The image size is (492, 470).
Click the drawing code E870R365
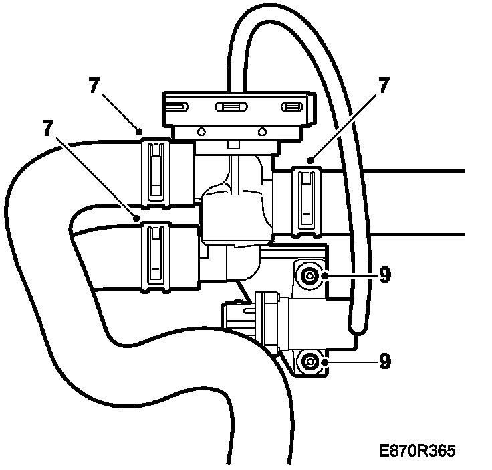click(x=415, y=450)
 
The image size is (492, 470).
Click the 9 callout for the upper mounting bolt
click(x=384, y=275)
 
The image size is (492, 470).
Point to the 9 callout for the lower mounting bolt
click(x=384, y=361)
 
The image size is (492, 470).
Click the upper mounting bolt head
click(x=310, y=275)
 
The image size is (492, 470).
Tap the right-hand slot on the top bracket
click(x=291, y=106)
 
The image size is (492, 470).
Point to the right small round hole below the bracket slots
click(x=262, y=131)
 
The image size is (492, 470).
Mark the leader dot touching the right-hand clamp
click(x=311, y=161)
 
